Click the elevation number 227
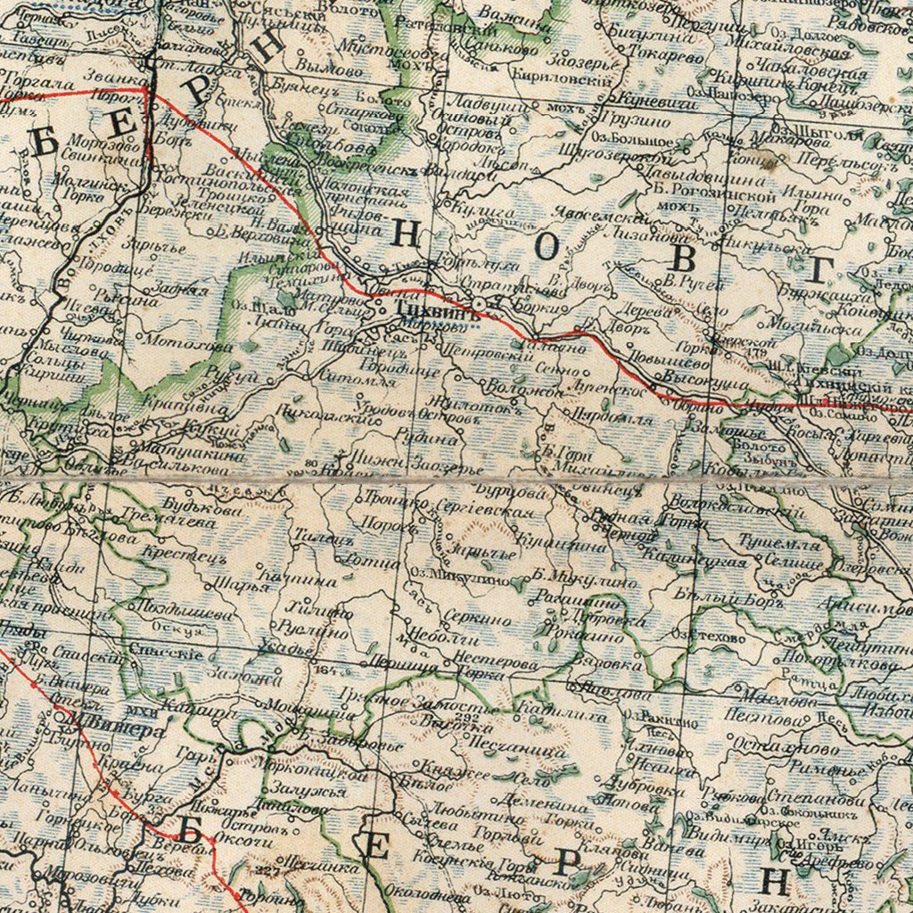click(267, 870)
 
